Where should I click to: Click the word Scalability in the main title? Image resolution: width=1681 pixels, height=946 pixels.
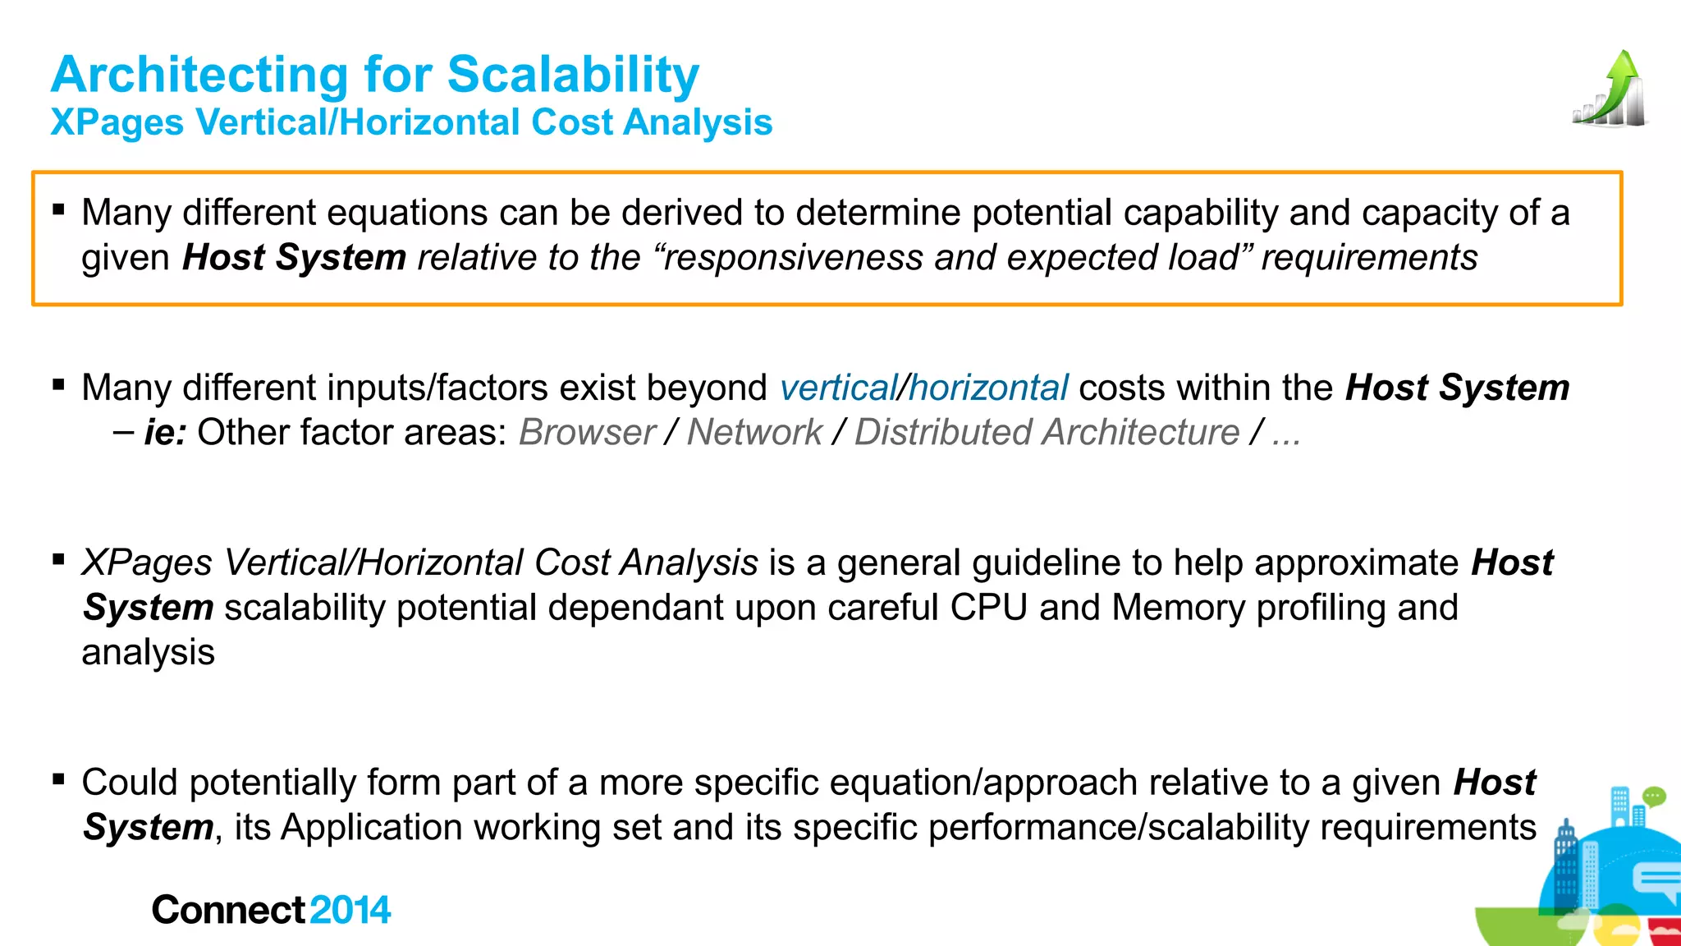click(x=573, y=75)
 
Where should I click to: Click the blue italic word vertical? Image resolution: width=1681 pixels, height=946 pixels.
click(x=838, y=388)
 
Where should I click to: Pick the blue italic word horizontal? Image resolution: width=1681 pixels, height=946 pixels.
click(x=988, y=388)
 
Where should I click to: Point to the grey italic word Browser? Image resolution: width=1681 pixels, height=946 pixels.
click(x=587, y=432)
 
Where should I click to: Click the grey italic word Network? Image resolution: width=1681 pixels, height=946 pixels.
click(x=754, y=432)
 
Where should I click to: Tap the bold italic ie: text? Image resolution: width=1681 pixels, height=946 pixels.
click(x=166, y=432)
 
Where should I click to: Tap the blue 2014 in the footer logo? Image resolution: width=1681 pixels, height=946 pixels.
click(x=350, y=910)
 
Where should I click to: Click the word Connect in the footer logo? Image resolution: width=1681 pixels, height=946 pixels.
click(x=228, y=910)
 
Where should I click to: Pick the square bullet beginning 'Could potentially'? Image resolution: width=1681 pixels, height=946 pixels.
click(x=58, y=779)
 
